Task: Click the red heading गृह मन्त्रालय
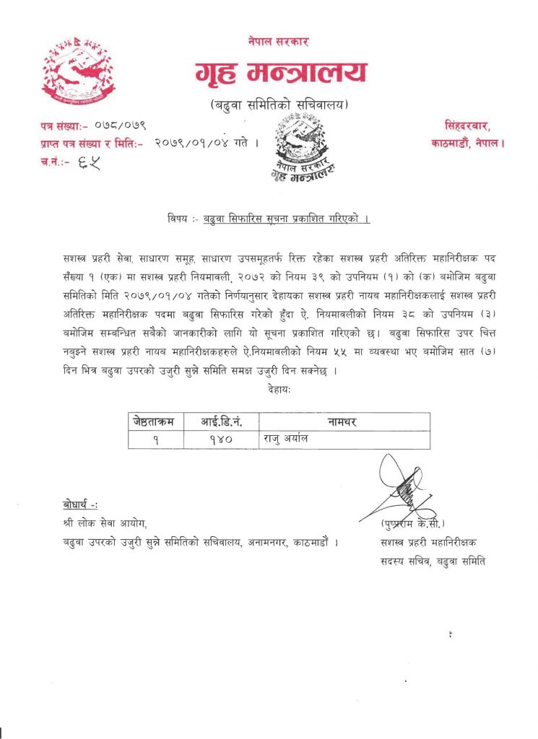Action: (x=280, y=73)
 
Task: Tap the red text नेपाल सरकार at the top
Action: (x=278, y=41)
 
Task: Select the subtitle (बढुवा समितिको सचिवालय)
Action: (x=279, y=105)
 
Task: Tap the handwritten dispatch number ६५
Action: (x=90, y=162)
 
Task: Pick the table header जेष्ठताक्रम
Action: (x=154, y=421)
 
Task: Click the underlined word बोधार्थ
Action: (x=80, y=504)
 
